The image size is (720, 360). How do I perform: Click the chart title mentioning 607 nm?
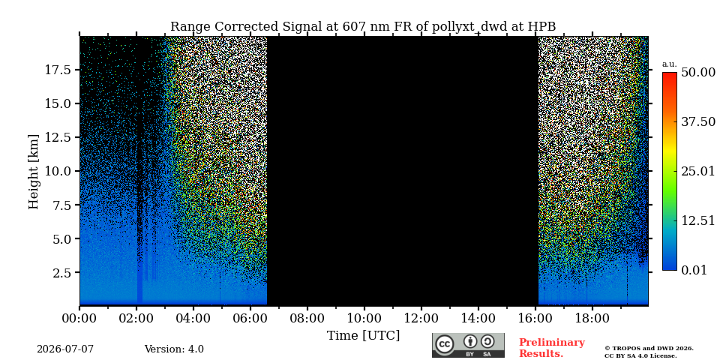(363, 27)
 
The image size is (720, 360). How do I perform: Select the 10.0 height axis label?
(58, 171)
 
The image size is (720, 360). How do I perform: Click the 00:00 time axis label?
(80, 318)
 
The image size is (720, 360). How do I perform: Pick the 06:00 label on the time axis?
(250, 318)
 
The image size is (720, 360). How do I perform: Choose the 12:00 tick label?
(421, 318)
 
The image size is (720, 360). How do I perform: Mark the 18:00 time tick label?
(592, 318)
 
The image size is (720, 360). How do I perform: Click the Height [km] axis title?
(34, 171)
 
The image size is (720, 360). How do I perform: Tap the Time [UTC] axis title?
(363, 336)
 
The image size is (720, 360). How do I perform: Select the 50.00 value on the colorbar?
(698, 72)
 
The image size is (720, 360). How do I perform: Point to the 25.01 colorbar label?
(698, 172)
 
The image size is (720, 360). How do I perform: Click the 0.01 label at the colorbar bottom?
(694, 270)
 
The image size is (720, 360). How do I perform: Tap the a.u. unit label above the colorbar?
(670, 64)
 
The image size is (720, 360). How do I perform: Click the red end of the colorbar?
(670, 75)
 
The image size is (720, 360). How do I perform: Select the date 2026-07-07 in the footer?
(65, 349)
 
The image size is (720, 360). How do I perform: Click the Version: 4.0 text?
(174, 349)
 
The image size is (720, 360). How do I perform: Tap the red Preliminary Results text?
(552, 348)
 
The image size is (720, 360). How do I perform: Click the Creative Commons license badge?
(468, 345)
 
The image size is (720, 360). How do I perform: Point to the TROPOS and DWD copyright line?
(649, 349)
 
